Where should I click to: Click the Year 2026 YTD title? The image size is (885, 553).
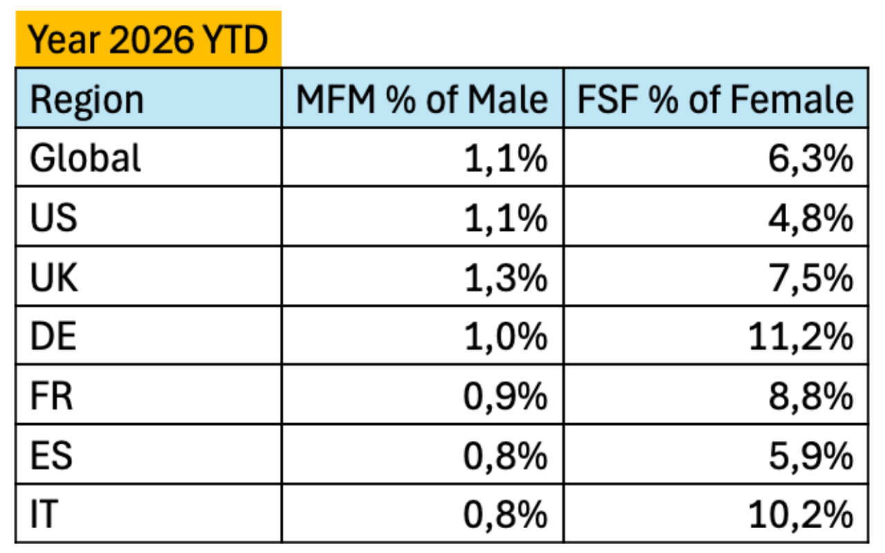pos(148,40)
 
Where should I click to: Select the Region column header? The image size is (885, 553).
pos(87,100)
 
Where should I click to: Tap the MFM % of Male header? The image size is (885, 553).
pos(422,99)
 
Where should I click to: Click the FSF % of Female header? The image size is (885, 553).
pos(716,99)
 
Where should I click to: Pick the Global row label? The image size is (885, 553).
pos(85,158)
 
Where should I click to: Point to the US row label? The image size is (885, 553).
pos(54,218)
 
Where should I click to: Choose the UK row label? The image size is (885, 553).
pos(54,277)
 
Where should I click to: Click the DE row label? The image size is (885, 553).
pos(53,336)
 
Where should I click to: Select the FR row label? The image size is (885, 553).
pos(52,396)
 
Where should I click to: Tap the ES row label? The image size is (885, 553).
pos(51,456)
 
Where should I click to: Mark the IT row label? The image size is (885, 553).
pos(44,514)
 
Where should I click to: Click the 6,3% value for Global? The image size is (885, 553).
pos(811,159)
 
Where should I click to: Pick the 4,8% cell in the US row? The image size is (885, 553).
pos(811,218)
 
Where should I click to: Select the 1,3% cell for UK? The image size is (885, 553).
pos(506,279)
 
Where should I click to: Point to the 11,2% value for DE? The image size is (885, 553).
pos(801,337)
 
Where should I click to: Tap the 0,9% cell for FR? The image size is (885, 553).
pos(505,397)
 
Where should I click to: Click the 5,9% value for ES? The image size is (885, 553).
pos(811,457)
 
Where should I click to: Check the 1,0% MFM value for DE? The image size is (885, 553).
pos(506,337)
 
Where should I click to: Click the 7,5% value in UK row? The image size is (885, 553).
pos(811,279)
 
